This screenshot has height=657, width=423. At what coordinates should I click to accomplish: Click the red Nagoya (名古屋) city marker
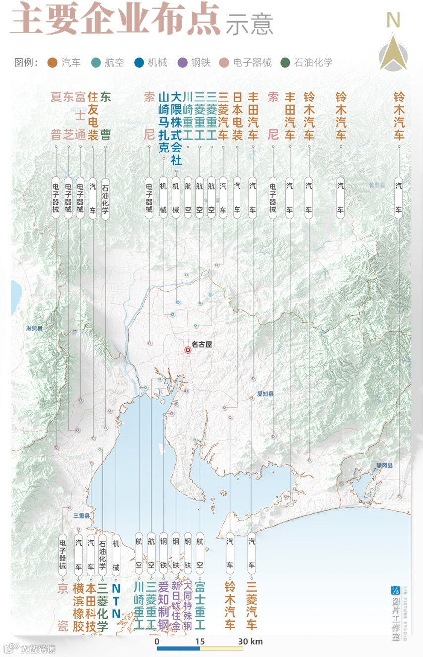click(x=188, y=350)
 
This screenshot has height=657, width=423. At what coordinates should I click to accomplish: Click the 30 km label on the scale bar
click(x=250, y=642)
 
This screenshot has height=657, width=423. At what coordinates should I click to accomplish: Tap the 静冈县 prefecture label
click(x=384, y=466)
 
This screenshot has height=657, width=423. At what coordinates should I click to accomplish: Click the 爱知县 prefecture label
click(x=265, y=394)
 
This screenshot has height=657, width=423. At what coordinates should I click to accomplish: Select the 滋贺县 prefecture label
click(x=35, y=328)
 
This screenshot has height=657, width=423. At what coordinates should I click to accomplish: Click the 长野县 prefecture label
click(x=376, y=185)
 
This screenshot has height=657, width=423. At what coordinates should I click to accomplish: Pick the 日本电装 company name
click(x=237, y=115)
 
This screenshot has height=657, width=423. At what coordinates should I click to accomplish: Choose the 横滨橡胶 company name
click(x=78, y=606)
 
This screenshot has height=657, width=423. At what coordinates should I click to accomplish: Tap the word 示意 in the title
click(x=249, y=24)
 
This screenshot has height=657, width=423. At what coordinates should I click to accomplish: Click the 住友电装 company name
click(x=93, y=115)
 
